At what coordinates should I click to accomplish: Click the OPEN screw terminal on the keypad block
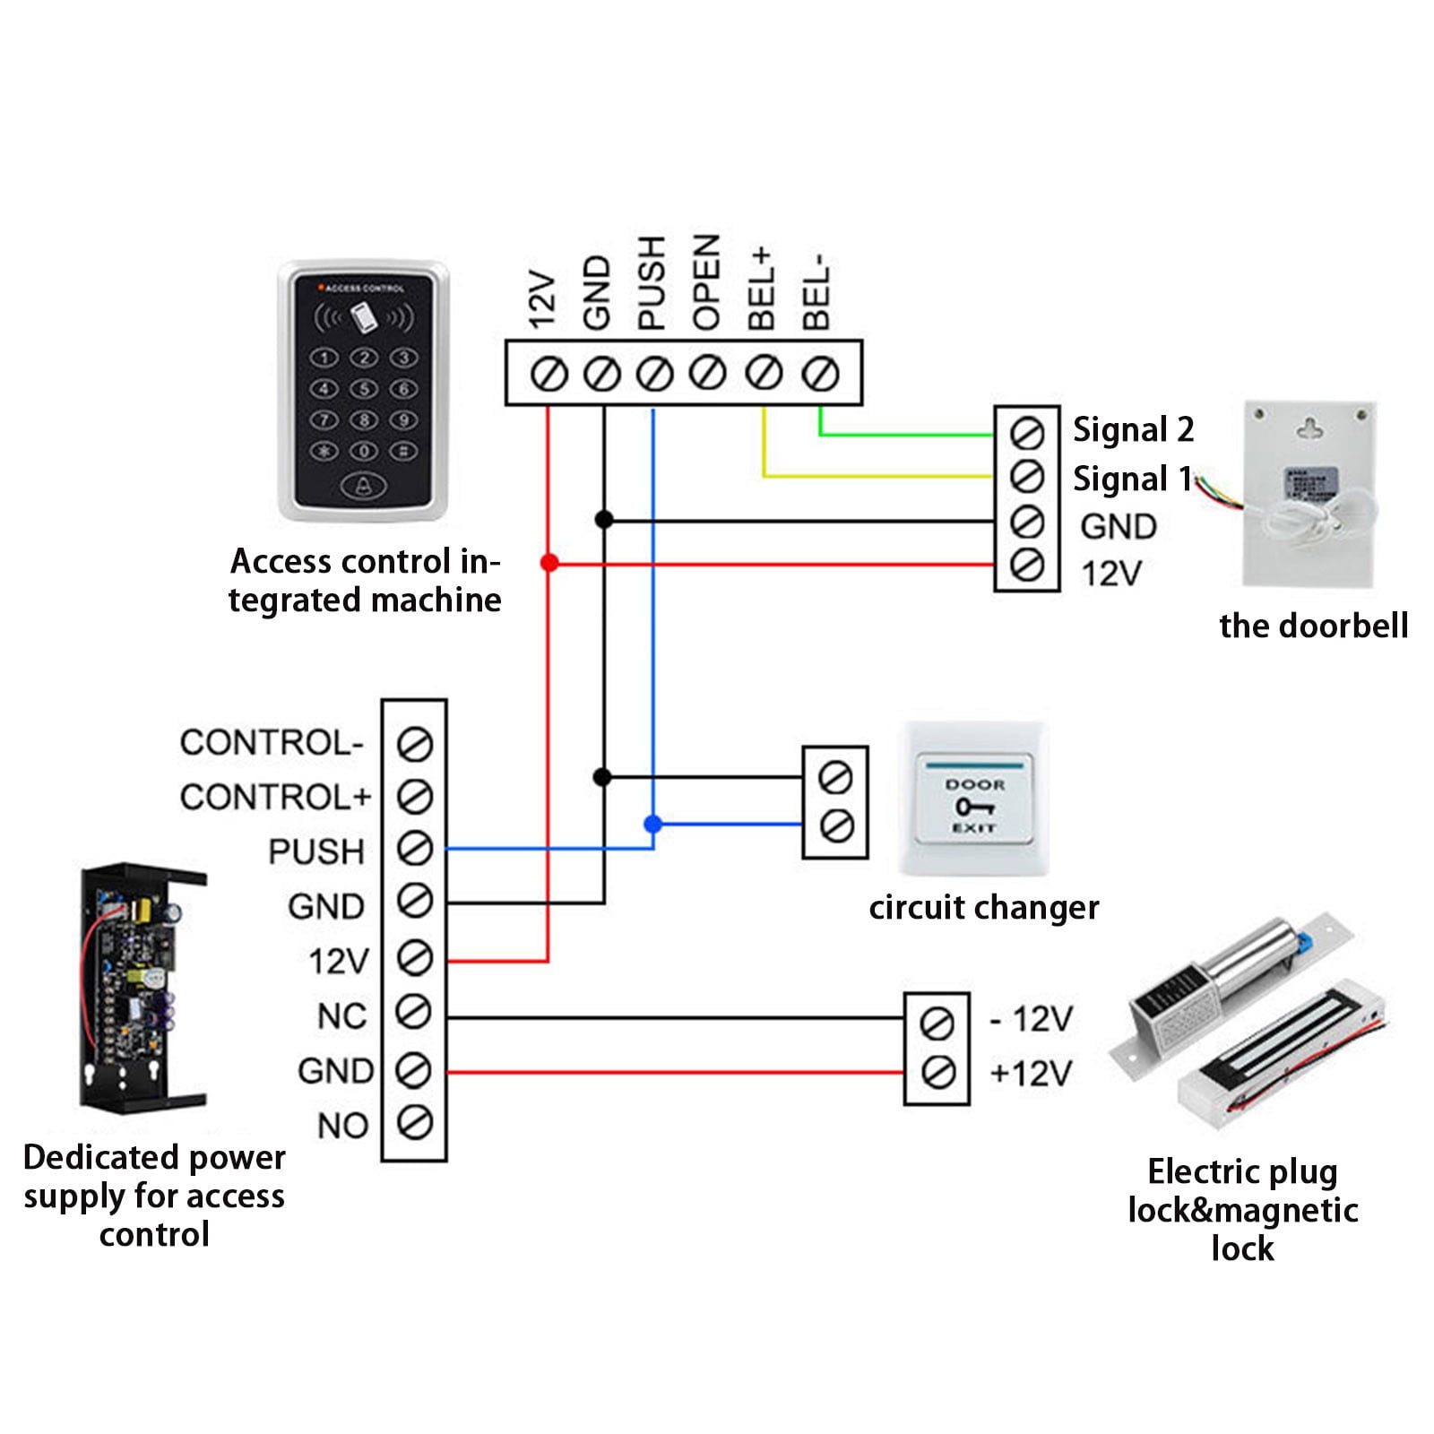[708, 373]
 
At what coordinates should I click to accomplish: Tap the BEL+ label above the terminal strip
[761, 289]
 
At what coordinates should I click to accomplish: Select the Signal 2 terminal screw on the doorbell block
[1027, 433]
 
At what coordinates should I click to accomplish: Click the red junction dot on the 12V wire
[549, 563]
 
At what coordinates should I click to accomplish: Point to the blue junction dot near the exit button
[653, 824]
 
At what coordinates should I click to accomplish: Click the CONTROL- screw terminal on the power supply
[414, 744]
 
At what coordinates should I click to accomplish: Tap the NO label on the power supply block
[342, 1126]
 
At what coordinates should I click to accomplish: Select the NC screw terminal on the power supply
[414, 1013]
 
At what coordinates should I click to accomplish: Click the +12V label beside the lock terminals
[1031, 1073]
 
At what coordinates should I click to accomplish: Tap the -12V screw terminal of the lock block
[937, 1023]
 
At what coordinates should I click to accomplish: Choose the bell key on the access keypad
[363, 487]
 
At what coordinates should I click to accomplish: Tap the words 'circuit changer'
[983, 908]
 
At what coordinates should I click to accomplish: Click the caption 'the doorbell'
[1313, 626]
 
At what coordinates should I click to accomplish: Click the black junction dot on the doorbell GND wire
[604, 519]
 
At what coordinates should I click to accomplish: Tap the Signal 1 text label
[1132, 479]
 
